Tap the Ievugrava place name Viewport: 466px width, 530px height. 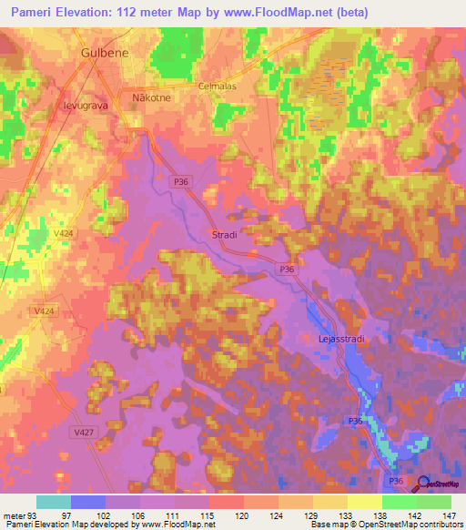[86, 104]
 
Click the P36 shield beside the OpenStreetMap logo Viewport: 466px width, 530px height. [396, 480]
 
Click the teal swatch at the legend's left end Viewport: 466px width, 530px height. [54, 502]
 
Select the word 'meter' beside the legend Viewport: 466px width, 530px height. [12, 515]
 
